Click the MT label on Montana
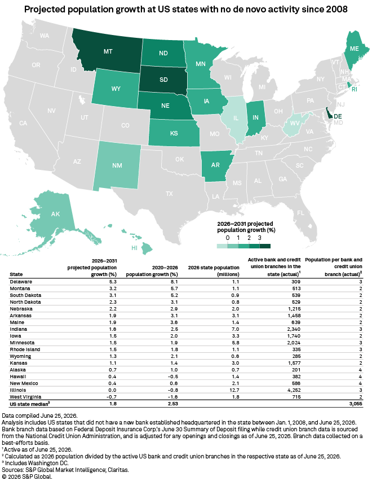point(108,51)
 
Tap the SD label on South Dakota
point(163,80)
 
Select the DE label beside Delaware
point(338,116)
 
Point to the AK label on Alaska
point(55,214)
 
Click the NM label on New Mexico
point(117,165)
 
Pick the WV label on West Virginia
point(295,123)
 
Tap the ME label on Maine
point(354,49)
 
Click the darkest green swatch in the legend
point(265,246)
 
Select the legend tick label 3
point(260,238)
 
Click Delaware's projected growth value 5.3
point(113,282)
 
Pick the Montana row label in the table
point(20,288)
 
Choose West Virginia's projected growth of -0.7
point(112,397)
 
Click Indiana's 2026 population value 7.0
point(236,329)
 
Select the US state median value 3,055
point(356,404)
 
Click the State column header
point(16,274)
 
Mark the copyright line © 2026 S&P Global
point(27,476)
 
